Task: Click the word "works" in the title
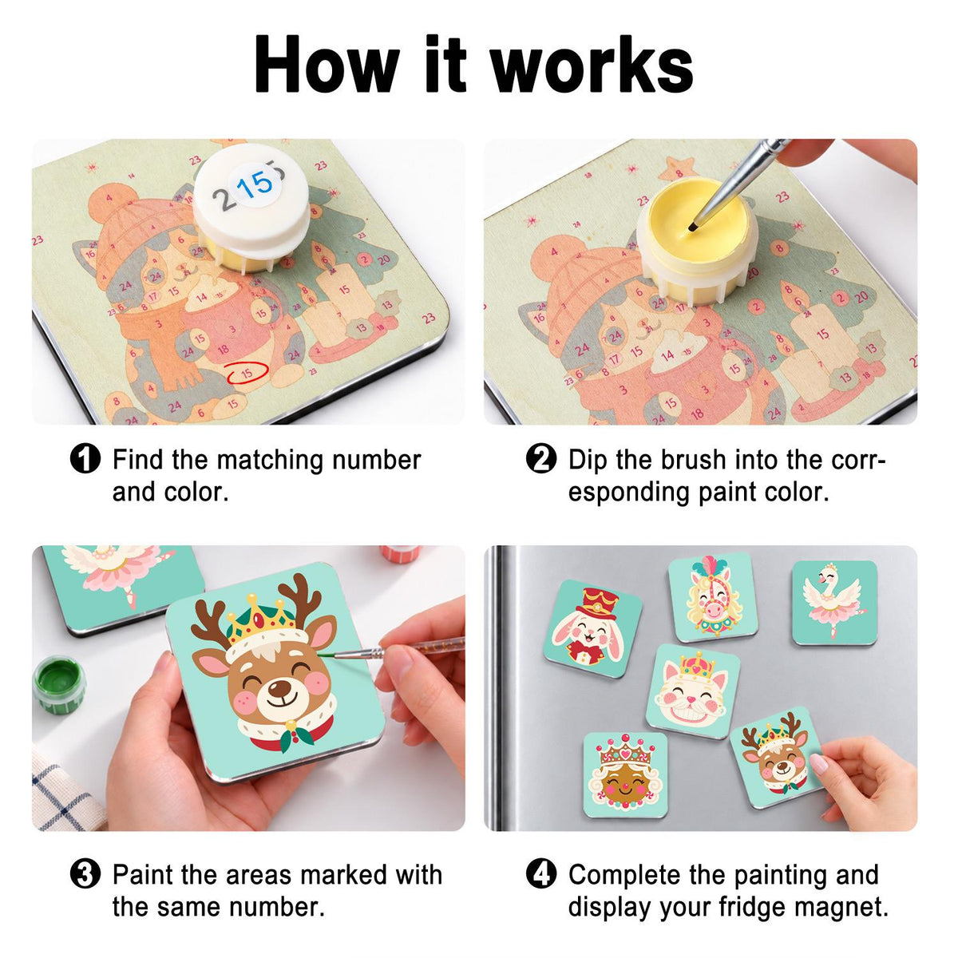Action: tap(592, 65)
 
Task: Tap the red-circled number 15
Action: tap(247, 372)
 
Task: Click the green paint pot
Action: tap(58, 684)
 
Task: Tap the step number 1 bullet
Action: tap(85, 458)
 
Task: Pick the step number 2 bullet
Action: tap(541, 458)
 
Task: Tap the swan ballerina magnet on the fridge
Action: tap(834, 603)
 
